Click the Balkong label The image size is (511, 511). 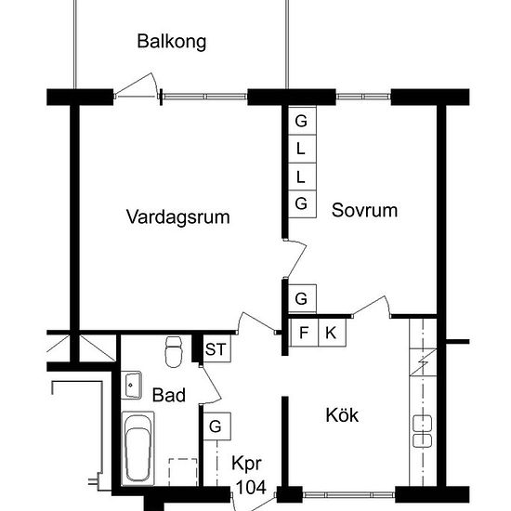tap(172, 42)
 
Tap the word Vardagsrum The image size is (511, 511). tap(178, 217)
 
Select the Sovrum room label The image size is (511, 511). tap(364, 210)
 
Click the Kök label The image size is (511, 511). tap(342, 415)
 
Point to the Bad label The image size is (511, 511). tap(169, 395)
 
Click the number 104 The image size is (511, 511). tap(251, 488)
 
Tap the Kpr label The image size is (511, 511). tap(246, 464)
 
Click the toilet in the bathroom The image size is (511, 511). tap(174, 351)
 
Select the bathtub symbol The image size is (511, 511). tap(138, 449)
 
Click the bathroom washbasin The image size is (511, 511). tap(131, 386)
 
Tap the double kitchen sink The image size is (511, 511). tap(423, 431)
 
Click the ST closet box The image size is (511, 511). tap(216, 348)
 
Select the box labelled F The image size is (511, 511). tap(304, 333)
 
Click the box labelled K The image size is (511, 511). tap(332, 333)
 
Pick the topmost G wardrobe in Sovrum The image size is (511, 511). tap(302, 121)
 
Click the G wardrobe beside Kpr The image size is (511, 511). tap(216, 426)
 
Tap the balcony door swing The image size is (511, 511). tap(137, 85)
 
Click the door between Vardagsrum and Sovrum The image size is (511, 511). tap(295, 258)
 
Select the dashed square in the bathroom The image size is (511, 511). tap(183, 472)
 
